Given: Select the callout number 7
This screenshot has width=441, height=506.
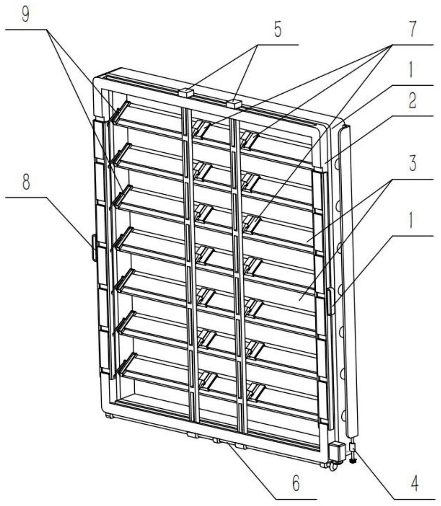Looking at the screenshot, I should [412, 30].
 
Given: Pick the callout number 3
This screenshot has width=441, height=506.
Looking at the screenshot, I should [412, 164].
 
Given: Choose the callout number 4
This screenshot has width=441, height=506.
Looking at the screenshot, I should [415, 484].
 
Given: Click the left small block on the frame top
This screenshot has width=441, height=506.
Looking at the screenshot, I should [185, 93].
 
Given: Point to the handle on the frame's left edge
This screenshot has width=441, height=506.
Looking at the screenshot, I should [94, 248].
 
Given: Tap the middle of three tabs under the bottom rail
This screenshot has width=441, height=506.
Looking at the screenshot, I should [217, 440].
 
